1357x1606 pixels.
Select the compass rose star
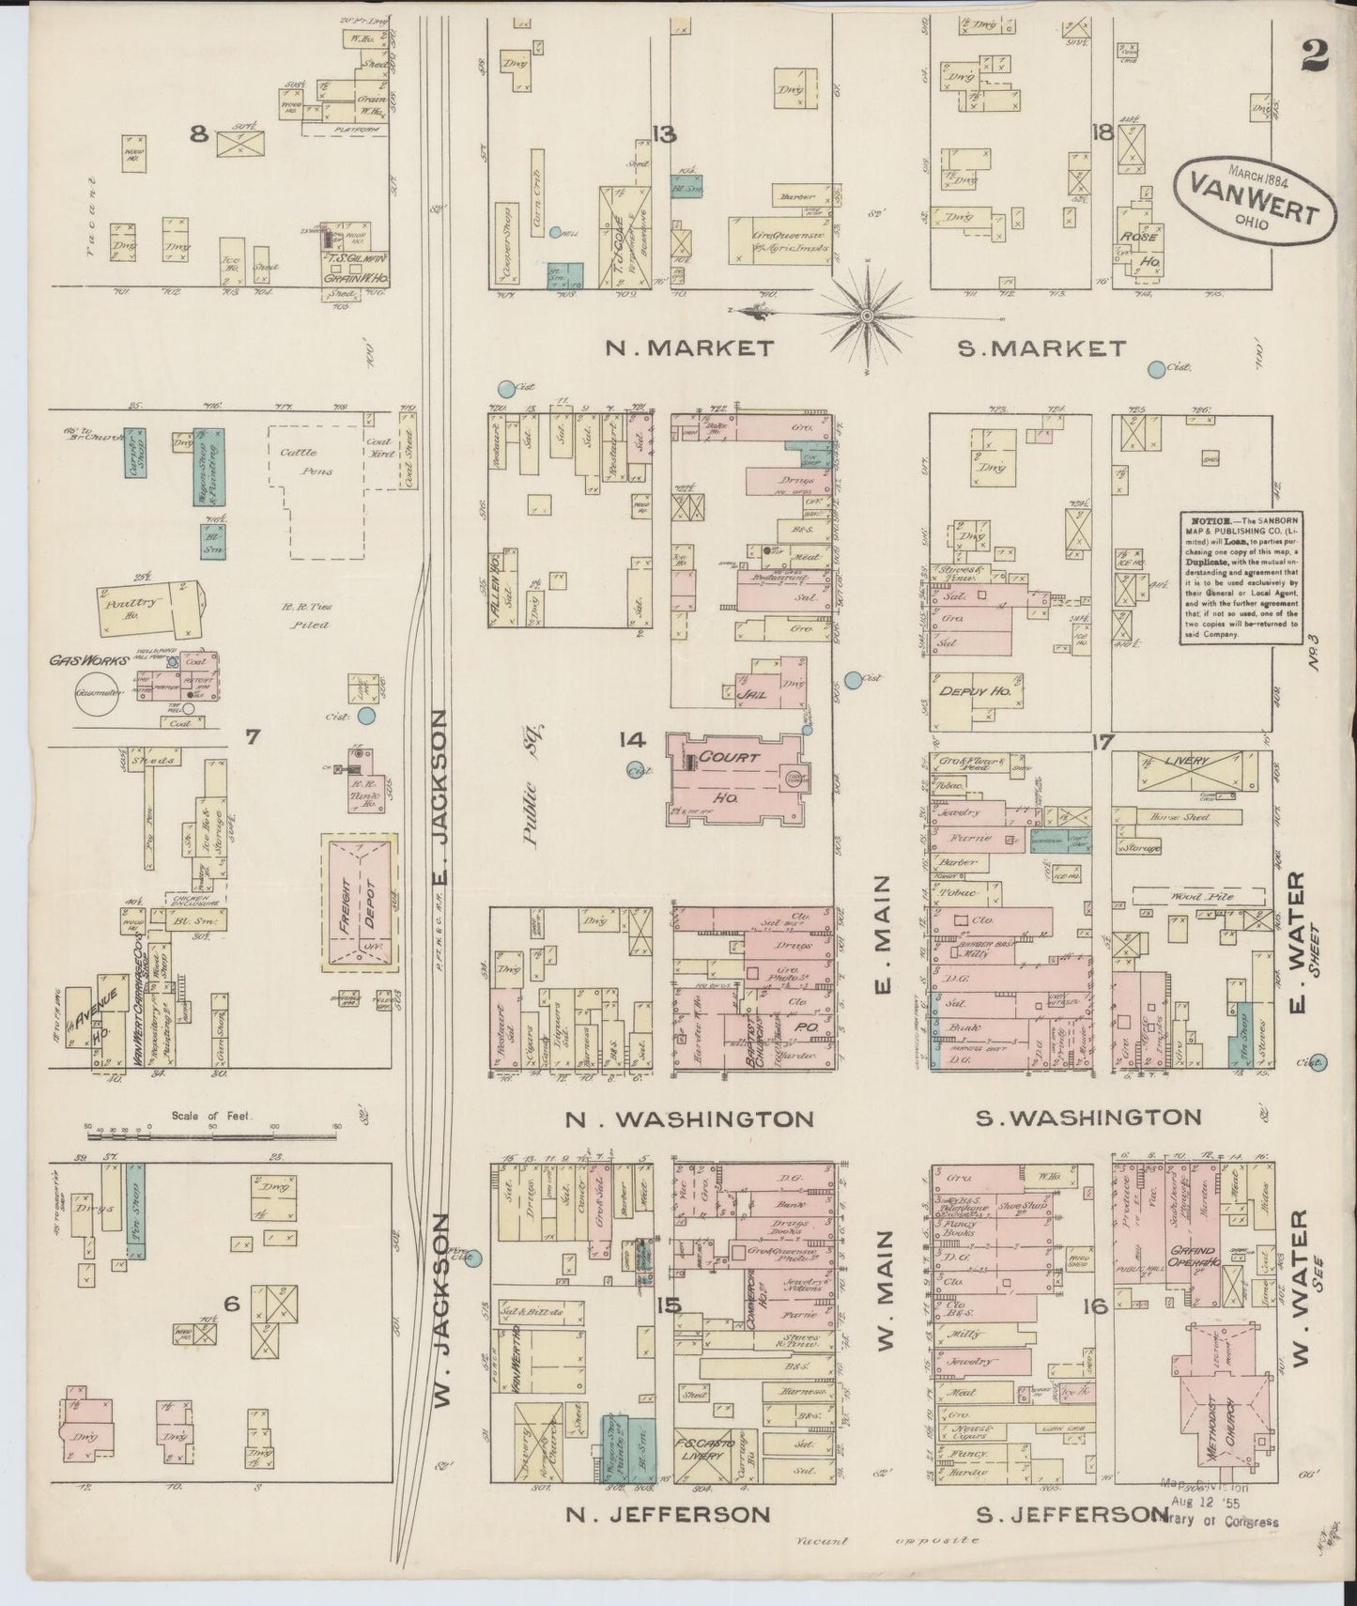[x=867, y=309]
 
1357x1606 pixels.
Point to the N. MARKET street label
[x=690, y=348]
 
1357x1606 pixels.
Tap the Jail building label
[x=755, y=696]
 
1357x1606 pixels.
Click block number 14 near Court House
[x=631, y=741]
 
